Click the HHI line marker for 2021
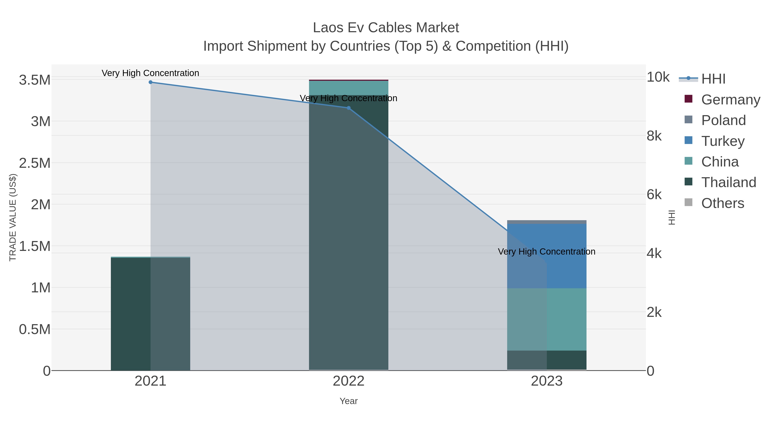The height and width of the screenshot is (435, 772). tap(151, 82)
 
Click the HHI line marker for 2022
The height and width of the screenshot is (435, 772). tap(348, 108)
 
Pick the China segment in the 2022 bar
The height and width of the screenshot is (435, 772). tap(348, 88)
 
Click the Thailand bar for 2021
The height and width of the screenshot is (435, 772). tap(130, 314)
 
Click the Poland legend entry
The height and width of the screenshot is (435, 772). tap(723, 120)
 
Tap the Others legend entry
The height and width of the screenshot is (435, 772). tap(722, 203)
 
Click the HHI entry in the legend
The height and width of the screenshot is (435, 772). tap(713, 79)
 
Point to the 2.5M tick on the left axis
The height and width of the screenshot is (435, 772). tap(35, 163)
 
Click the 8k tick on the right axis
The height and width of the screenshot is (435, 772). tap(654, 136)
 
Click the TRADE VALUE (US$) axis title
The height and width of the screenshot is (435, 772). tap(13, 217)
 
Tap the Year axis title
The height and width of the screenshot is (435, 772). tap(348, 401)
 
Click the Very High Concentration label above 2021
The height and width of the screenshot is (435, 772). tap(151, 73)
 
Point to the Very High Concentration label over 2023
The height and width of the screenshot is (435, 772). tap(546, 252)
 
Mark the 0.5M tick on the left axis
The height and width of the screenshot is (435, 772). tap(35, 330)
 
